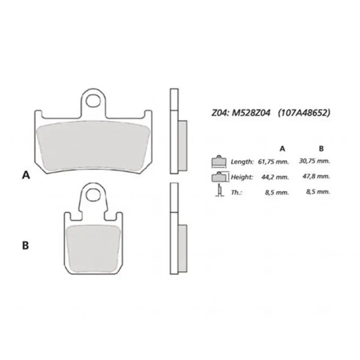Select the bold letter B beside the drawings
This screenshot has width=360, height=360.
[26, 245]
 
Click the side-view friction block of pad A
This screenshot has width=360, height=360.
[183, 146]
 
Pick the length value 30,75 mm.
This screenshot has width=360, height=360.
[315, 161]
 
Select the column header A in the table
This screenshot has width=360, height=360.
[282, 148]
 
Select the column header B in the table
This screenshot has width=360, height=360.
[321, 148]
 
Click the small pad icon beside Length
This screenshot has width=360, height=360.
[219, 161]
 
